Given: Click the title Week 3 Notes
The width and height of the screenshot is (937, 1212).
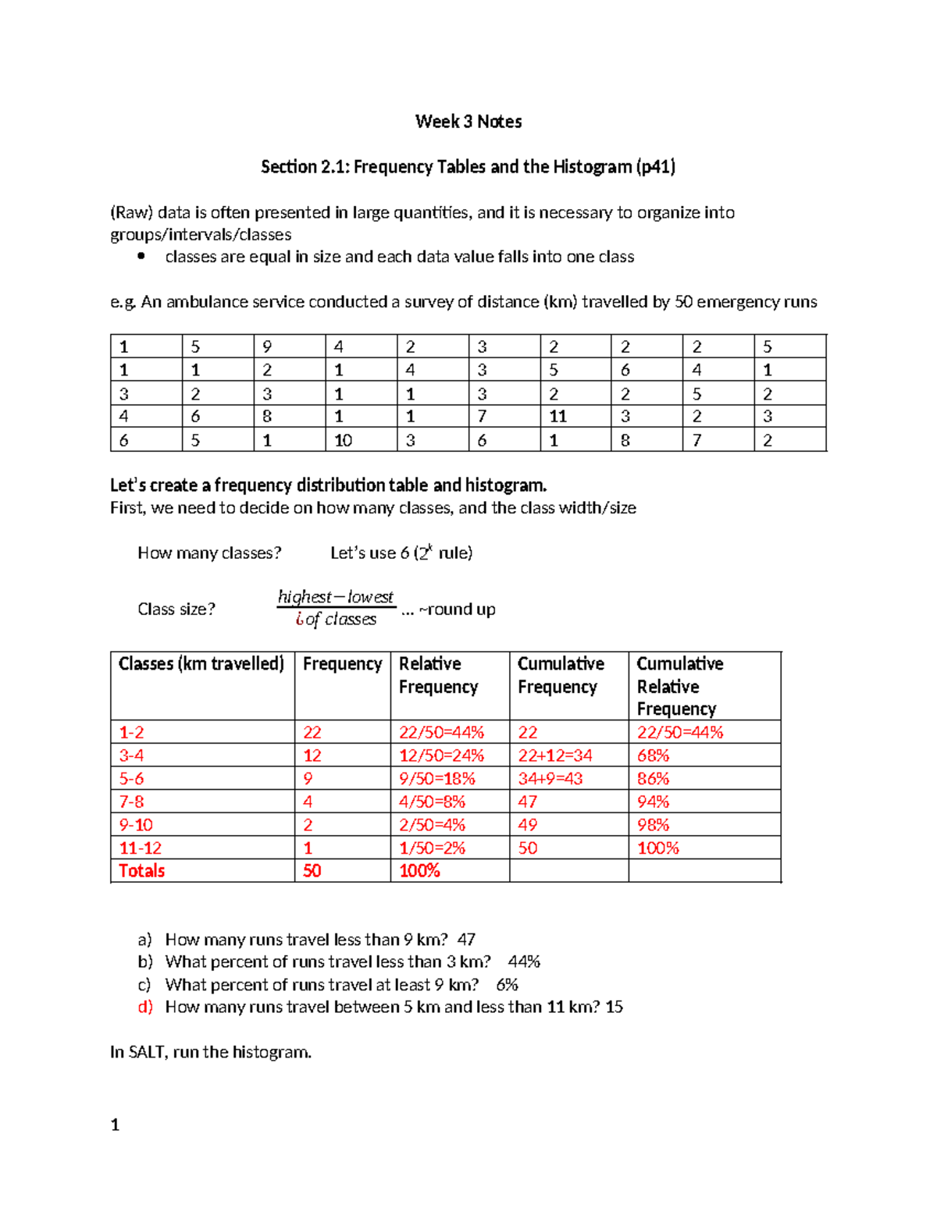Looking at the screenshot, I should click(x=468, y=122).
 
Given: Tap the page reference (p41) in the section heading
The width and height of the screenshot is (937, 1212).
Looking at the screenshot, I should click(x=655, y=167).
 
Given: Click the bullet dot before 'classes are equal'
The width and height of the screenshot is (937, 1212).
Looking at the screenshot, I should click(x=141, y=256).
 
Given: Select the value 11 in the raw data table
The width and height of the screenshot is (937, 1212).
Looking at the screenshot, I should click(x=558, y=417).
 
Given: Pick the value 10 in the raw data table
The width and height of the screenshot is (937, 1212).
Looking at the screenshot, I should click(x=343, y=440).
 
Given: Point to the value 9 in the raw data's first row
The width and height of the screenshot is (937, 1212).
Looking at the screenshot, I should click(x=267, y=347).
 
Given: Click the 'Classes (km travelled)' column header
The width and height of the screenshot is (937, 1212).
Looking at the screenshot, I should click(x=201, y=664).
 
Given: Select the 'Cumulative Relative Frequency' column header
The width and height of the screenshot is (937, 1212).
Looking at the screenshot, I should click(x=679, y=686).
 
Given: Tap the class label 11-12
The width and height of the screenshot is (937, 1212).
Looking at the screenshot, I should click(x=140, y=848).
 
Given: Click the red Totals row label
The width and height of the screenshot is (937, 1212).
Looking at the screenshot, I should click(x=141, y=871).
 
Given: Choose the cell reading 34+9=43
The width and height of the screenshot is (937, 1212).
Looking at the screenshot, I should click(x=550, y=779).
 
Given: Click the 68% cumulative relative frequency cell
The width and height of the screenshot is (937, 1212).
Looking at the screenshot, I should click(x=653, y=755).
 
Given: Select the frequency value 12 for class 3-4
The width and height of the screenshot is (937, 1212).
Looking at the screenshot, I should click(x=312, y=755).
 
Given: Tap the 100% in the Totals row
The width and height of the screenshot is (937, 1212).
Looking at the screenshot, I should click(x=419, y=871).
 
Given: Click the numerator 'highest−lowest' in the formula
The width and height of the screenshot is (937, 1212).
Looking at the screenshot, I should click(x=336, y=597).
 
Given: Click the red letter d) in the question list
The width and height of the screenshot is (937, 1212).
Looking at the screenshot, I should click(x=145, y=1007).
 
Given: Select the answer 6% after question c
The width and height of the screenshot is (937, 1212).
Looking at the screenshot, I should click(x=507, y=985).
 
